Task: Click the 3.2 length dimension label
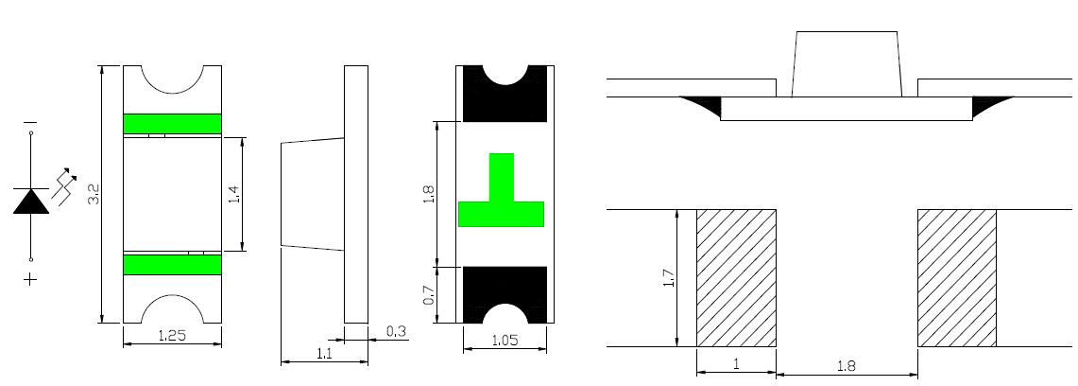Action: click(x=94, y=194)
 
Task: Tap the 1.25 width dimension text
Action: click(x=173, y=337)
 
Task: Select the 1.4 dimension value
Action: click(x=233, y=194)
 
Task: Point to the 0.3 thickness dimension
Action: click(x=396, y=332)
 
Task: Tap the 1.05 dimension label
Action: click(x=505, y=340)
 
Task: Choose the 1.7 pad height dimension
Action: click(x=670, y=277)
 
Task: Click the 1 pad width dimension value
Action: click(x=736, y=364)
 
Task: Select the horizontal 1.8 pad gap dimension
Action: click(x=847, y=367)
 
